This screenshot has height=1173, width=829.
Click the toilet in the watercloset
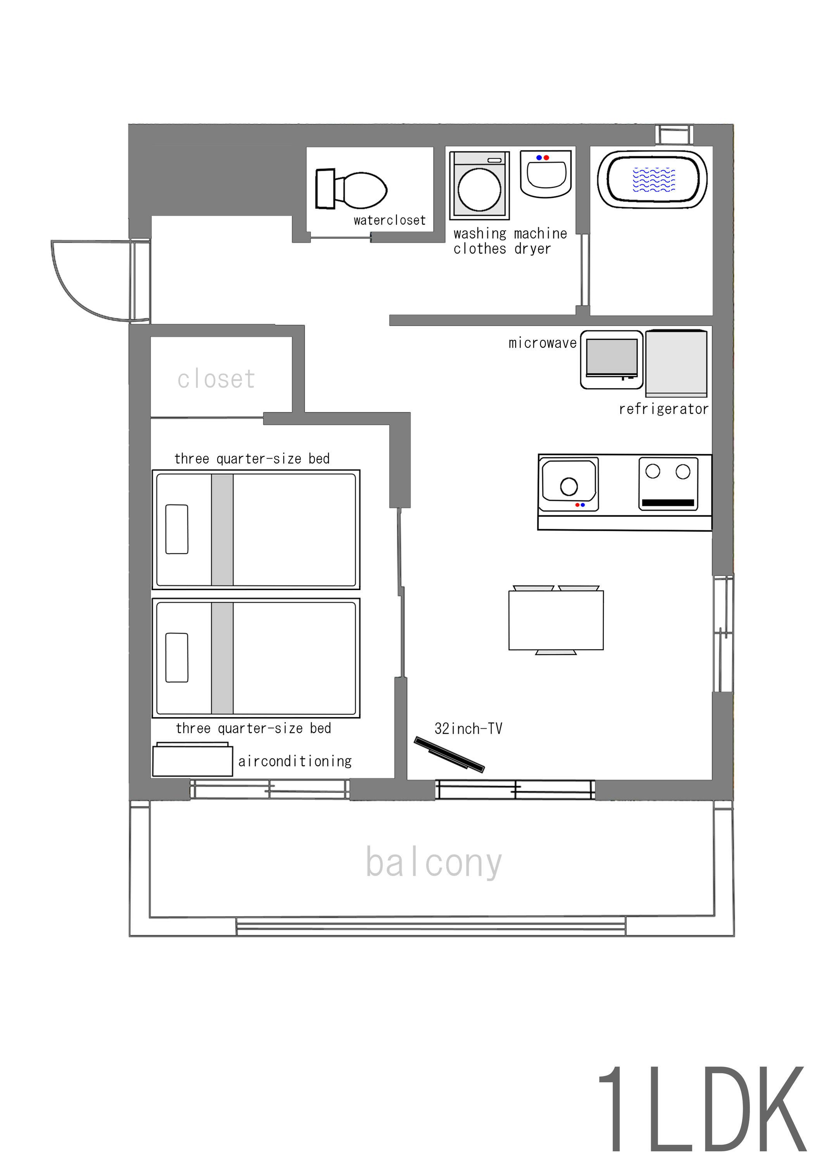tap(351, 189)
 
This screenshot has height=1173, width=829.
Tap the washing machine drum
tap(479, 189)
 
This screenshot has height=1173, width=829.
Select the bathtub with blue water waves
tap(652, 179)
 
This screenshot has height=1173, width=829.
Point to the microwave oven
tap(611, 360)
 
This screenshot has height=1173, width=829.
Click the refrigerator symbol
tap(676, 364)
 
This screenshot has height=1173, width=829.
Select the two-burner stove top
tap(668, 483)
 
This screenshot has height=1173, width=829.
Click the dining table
tap(556, 620)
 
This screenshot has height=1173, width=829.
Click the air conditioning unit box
tap(192, 760)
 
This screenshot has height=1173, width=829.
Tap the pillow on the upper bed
tap(177, 529)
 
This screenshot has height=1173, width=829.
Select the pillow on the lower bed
tap(177, 658)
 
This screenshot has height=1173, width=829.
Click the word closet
tap(216, 379)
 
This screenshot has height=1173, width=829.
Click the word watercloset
tap(389, 220)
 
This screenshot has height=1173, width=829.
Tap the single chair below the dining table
tap(556, 652)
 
